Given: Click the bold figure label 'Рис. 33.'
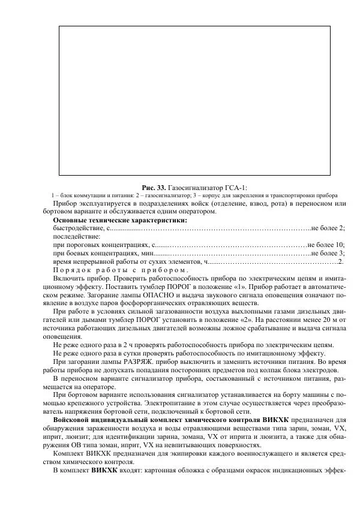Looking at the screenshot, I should (x=153, y=188).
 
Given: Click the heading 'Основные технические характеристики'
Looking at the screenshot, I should (x=120, y=220).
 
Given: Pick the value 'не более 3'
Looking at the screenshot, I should (x=328, y=253).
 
